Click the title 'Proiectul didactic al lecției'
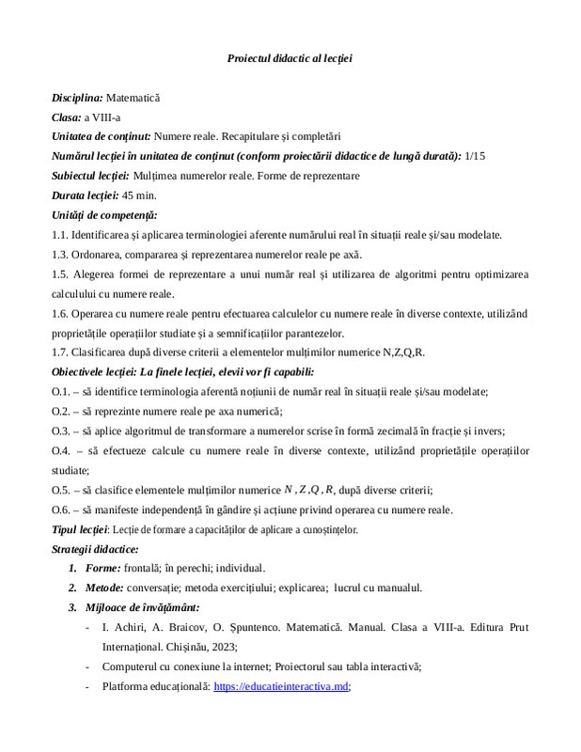[290, 58]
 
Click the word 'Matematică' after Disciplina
[133, 97]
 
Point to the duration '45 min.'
[139, 196]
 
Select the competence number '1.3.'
[62, 255]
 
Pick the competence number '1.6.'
[62, 314]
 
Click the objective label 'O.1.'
[62, 392]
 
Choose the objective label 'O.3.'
[62, 431]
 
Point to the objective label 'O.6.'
[62, 510]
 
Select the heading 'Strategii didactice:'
[95, 549]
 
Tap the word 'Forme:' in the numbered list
[102, 568]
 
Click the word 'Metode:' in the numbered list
[106, 587]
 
